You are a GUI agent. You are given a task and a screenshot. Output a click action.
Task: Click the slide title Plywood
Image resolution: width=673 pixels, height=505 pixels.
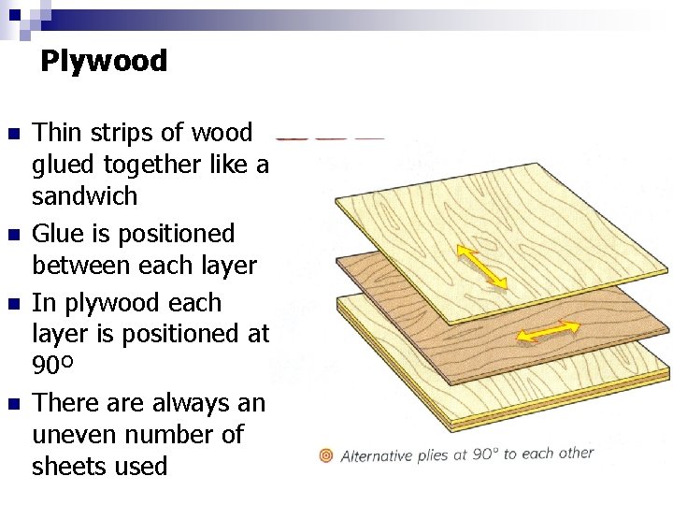[103, 62]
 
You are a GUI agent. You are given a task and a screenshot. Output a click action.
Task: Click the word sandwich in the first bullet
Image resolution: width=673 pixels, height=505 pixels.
[84, 196]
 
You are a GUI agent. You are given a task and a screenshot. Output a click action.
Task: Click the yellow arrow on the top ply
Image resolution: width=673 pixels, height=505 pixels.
[482, 267]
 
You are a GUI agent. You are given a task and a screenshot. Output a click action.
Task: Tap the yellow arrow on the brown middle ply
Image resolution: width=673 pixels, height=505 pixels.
[549, 332]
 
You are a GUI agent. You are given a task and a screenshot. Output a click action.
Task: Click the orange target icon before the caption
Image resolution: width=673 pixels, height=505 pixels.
[326, 455]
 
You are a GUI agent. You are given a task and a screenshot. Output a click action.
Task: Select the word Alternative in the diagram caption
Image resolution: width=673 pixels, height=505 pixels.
[377, 456]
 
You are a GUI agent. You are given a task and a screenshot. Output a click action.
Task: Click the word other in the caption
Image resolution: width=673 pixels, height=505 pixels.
[575, 453]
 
